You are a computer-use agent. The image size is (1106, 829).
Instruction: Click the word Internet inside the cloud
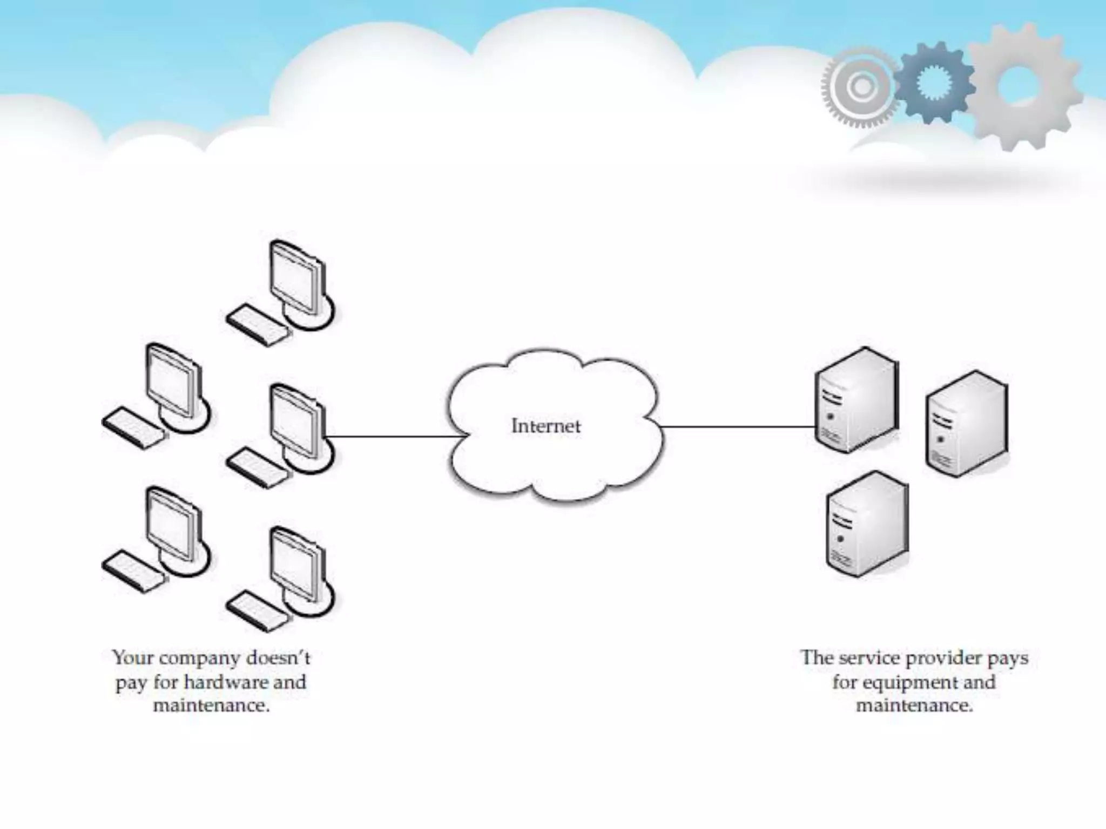pyautogui.click(x=545, y=426)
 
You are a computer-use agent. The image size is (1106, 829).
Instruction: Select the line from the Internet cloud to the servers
pyautogui.click(x=737, y=427)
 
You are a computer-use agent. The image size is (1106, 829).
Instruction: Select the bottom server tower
pyautogui.click(x=866, y=524)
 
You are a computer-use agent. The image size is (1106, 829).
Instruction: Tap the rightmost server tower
pyautogui.click(x=966, y=424)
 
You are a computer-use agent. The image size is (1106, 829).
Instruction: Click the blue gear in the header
pyautogui.click(x=933, y=83)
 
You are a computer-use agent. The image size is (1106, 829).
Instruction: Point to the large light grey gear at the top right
pyautogui.click(x=1023, y=86)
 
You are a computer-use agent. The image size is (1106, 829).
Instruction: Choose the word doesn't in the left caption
pyautogui.click(x=278, y=658)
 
